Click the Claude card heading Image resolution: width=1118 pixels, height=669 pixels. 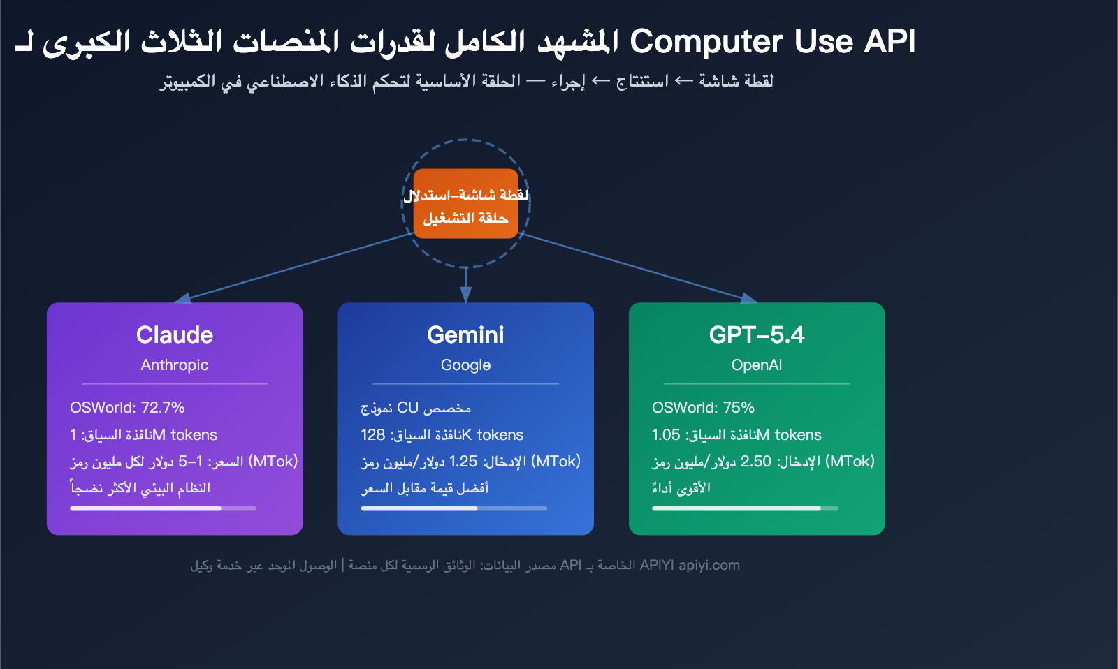(x=175, y=335)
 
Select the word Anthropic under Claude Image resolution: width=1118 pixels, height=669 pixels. (x=175, y=365)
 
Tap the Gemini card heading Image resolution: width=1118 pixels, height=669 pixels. (x=465, y=335)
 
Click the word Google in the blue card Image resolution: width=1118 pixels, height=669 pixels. (x=465, y=365)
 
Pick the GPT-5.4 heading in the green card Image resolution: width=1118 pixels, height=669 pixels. (x=756, y=335)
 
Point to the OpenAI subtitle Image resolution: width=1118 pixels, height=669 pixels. (x=756, y=365)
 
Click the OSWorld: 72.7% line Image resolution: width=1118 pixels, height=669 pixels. (x=127, y=408)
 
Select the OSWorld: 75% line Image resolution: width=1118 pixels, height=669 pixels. (x=703, y=408)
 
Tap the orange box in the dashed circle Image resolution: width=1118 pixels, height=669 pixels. (x=465, y=204)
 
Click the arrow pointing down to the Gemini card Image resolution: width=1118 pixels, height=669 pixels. (x=465, y=286)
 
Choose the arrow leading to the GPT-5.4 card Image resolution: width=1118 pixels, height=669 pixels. (x=636, y=266)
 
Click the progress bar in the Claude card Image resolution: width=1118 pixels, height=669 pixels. (x=163, y=508)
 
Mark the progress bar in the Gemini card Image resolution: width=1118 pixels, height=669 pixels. (x=453, y=508)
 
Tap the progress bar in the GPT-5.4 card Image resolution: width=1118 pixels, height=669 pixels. (x=745, y=508)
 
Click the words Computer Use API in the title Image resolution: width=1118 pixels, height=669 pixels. (x=772, y=42)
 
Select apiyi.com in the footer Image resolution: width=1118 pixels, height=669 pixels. (x=709, y=566)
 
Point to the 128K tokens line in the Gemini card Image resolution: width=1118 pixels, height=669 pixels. (x=442, y=435)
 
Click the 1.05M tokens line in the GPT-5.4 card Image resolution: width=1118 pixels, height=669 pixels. (x=736, y=435)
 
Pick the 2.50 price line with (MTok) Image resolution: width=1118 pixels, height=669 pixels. (x=763, y=462)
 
